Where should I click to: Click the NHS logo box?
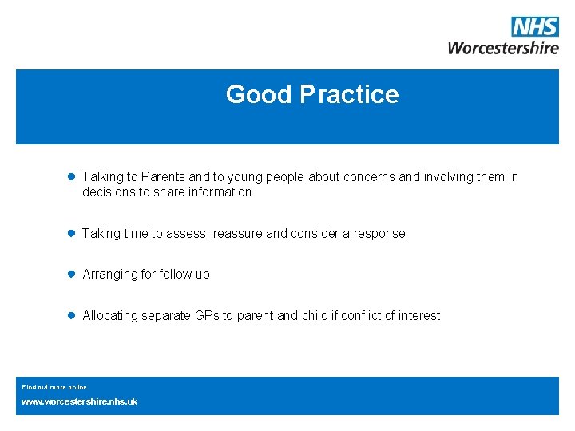(535, 26)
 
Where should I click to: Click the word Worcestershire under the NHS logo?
(503, 47)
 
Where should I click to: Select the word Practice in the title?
(350, 94)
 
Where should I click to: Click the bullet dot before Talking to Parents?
(70, 176)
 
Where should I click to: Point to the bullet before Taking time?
(70, 233)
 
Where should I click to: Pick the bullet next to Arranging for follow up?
(70, 274)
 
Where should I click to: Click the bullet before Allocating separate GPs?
(70, 315)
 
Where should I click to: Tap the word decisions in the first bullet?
(109, 192)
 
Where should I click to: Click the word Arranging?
(109, 275)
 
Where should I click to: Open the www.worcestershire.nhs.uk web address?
(79, 401)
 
